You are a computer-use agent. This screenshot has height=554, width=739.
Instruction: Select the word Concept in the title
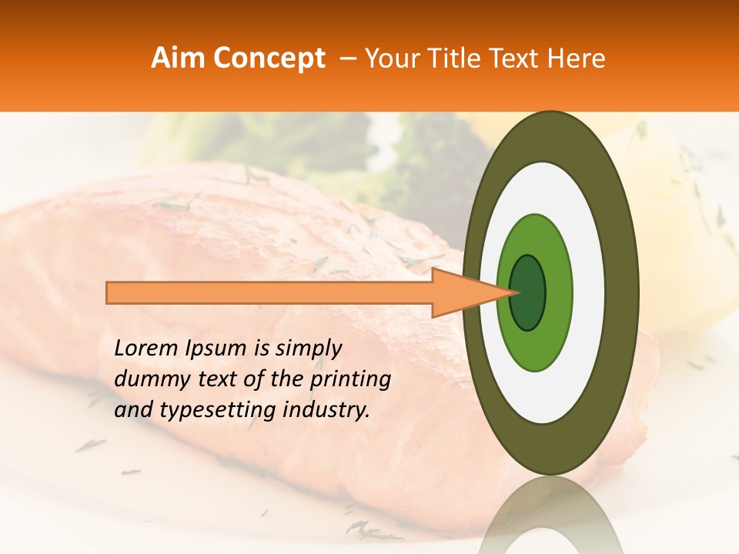tap(269, 58)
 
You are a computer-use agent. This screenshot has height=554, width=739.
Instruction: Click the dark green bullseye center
tap(527, 292)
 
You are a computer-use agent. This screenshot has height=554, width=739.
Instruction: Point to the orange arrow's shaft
tap(269, 292)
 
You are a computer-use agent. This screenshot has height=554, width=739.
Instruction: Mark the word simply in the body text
tap(308, 349)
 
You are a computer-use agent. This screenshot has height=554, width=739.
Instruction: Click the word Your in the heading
tap(391, 58)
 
